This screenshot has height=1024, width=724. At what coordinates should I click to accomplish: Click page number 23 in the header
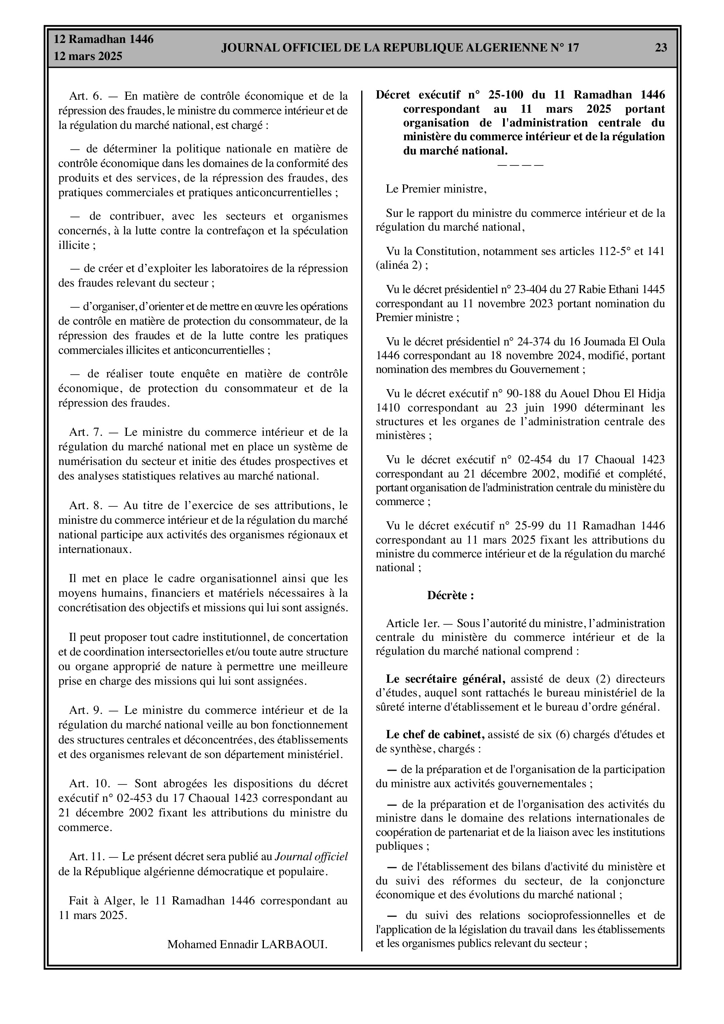pos(661,48)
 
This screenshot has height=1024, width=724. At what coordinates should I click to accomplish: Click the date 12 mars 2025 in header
pos(88,57)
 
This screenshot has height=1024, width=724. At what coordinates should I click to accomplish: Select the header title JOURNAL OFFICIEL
pos(400,48)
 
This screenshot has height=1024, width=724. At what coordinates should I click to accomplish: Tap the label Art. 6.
pos(85,96)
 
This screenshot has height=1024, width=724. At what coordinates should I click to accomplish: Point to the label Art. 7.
pos(85,432)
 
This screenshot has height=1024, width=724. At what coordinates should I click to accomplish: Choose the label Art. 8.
pos(85,505)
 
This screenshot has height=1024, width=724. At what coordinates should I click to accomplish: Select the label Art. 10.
pos(89,784)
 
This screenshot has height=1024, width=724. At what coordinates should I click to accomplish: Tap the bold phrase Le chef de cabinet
pos(435,735)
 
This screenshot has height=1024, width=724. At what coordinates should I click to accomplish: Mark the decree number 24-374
pos(534,342)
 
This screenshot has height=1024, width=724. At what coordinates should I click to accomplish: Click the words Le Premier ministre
pos(436,189)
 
